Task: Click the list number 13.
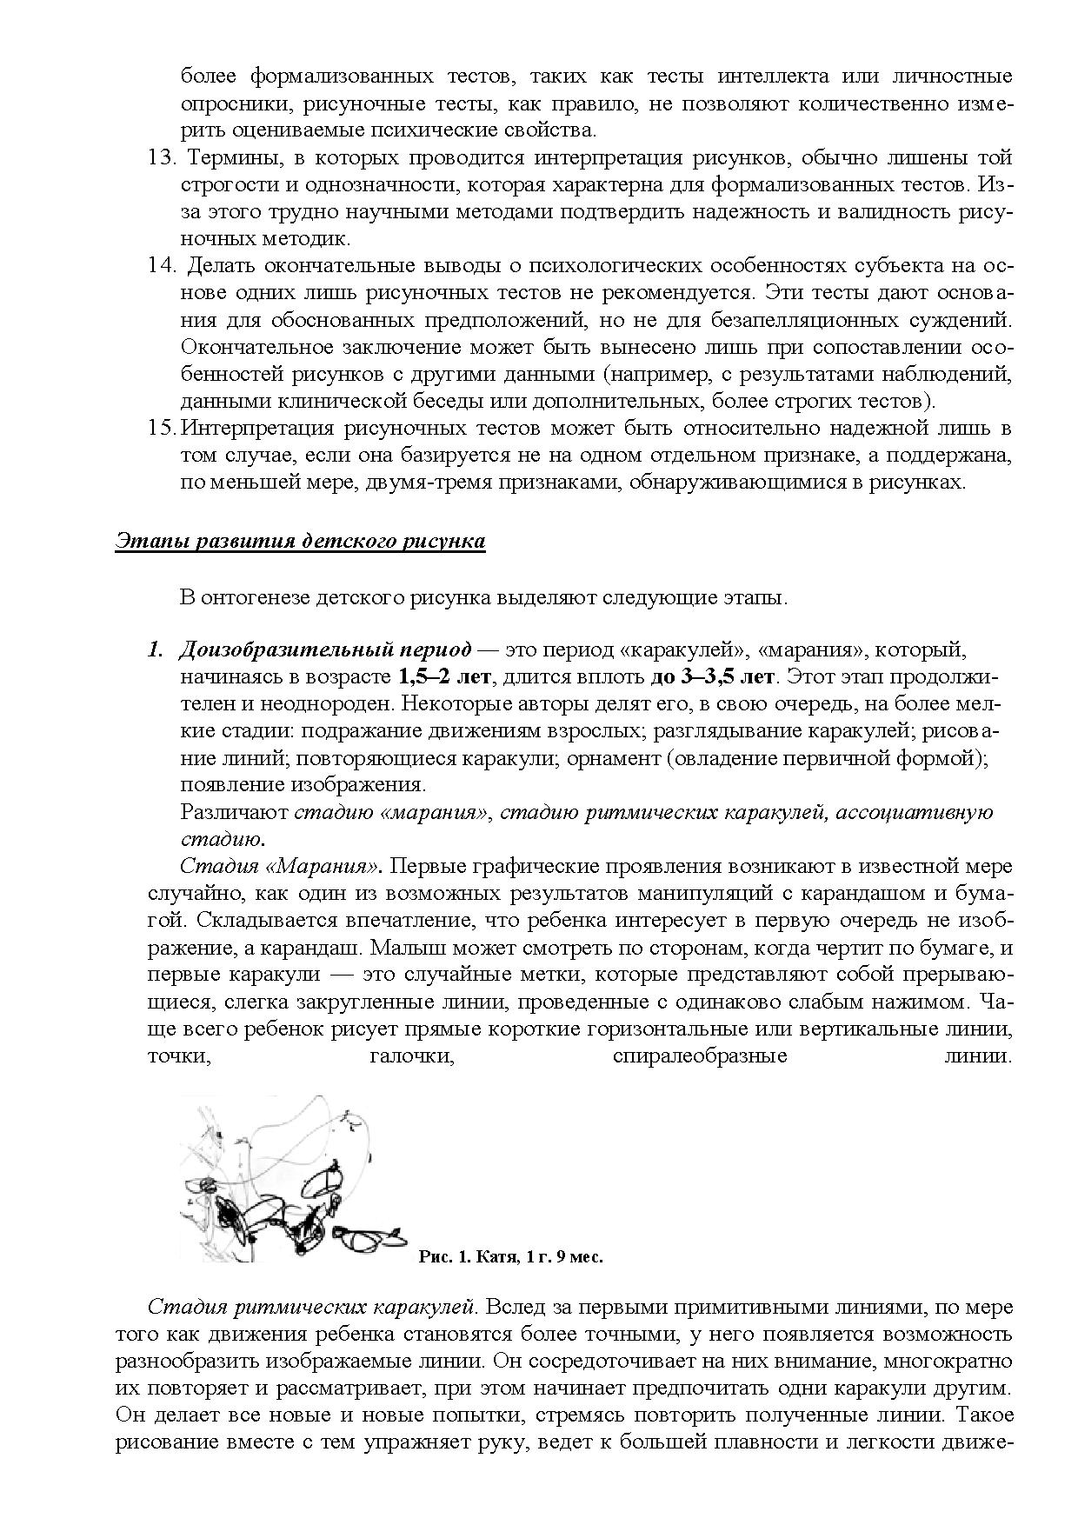162,158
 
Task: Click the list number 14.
162,266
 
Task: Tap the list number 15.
162,429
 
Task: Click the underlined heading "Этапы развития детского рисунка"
300,542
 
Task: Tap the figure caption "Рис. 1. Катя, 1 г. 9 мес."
510,1256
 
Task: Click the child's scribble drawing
287,1182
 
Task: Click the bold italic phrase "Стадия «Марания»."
281,867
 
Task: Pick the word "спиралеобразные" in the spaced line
699,1056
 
